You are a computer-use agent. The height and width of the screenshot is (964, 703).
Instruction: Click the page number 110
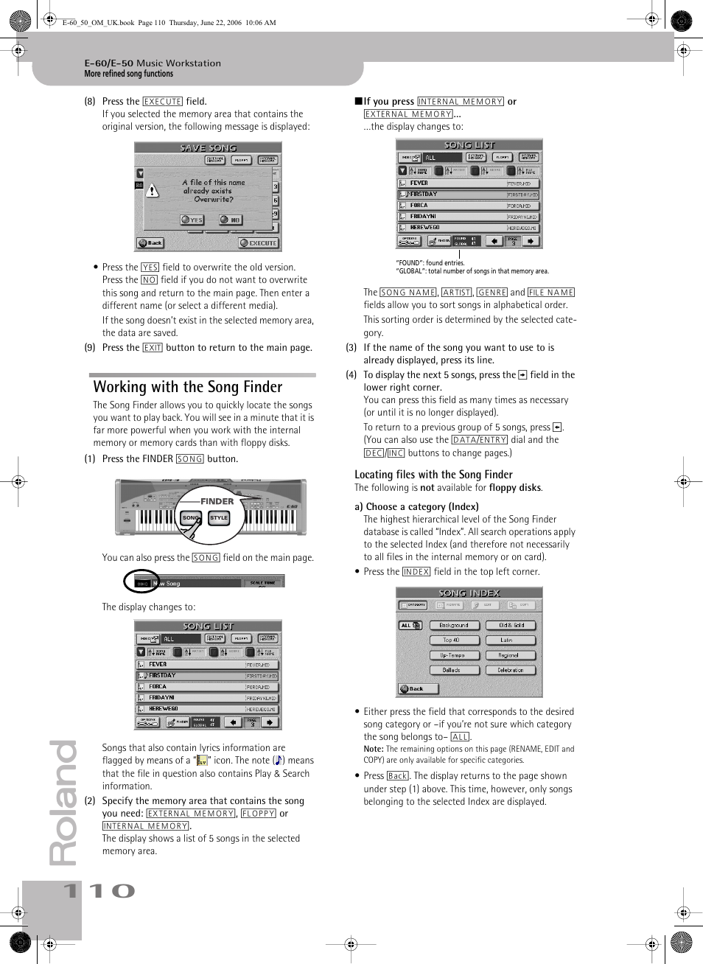[x=99, y=891]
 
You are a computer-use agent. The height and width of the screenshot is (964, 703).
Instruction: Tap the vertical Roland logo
[x=63, y=803]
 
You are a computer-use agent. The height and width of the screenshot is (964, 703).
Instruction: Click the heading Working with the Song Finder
[x=188, y=387]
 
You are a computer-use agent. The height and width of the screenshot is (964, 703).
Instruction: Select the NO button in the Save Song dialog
[x=231, y=220]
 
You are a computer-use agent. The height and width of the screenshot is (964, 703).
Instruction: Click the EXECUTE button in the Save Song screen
[x=259, y=243]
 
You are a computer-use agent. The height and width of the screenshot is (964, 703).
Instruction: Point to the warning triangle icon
[x=153, y=192]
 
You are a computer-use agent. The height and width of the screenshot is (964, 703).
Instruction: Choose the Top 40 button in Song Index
[x=451, y=640]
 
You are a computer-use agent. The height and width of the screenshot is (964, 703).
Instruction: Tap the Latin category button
[x=511, y=640]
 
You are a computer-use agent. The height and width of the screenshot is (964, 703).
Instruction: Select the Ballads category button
[x=451, y=670]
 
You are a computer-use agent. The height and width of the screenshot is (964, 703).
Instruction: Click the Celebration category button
[x=511, y=670]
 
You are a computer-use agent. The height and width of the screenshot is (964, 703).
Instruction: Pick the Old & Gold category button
[x=511, y=625]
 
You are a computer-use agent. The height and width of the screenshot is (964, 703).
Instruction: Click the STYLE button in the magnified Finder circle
[x=219, y=518]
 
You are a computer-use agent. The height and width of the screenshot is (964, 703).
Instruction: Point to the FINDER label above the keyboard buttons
[x=217, y=501]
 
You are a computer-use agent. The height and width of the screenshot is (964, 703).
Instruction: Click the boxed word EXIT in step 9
[x=153, y=348]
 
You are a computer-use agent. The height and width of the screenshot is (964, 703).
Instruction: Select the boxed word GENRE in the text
[x=492, y=293]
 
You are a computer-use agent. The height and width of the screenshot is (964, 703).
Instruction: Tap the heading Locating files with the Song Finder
[x=433, y=475]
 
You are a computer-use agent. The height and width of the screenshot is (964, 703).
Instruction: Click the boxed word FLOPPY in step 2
[x=259, y=814]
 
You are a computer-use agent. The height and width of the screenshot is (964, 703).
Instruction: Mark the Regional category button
[x=511, y=655]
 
